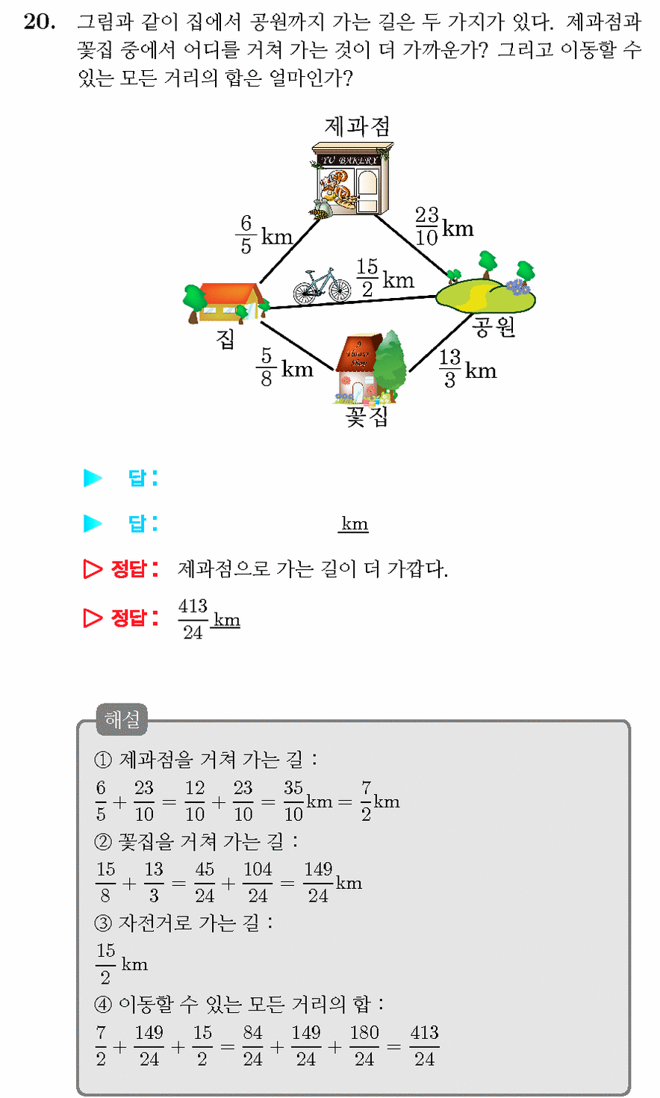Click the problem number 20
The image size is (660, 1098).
coord(40,22)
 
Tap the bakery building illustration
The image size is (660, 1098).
coord(352,180)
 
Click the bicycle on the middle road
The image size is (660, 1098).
coord(322,286)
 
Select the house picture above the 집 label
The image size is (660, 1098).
coord(226,303)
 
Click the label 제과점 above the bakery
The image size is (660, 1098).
coord(357,126)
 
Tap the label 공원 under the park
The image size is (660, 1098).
coord(494,326)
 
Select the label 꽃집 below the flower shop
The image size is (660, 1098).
coord(367,417)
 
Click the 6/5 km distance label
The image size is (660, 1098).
coord(264,235)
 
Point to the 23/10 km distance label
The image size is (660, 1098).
coord(444,226)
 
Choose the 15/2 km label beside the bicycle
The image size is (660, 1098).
coord(385,278)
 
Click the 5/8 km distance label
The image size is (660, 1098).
coord(284,367)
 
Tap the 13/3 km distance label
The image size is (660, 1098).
coord(467,368)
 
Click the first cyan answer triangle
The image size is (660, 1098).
coord(93,478)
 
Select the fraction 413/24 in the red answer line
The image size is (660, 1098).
coord(193,619)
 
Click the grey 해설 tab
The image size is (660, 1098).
coord(122,719)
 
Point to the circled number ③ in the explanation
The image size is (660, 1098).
coord(103,923)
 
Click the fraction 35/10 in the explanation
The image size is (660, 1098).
coord(293,801)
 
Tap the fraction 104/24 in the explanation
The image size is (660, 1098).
coord(258,882)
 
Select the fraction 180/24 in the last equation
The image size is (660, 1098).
coord(364,1046)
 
